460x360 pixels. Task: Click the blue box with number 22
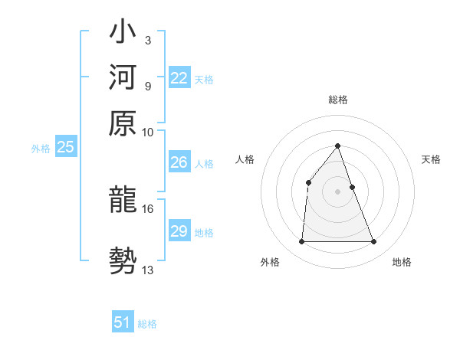179,78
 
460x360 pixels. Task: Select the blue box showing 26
179,162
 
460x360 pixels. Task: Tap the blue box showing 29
179,231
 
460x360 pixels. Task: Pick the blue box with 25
65,148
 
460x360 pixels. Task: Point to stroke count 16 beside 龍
148,208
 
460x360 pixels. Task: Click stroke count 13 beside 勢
148,270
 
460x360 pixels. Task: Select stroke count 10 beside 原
148,132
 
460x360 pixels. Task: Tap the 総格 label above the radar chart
338,100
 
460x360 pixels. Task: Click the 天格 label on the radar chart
431,159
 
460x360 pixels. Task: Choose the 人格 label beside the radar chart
245,159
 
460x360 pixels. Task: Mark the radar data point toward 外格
301,242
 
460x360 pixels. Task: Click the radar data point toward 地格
374,242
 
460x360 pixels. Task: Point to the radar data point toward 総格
338,146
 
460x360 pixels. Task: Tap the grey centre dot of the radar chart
338,191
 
